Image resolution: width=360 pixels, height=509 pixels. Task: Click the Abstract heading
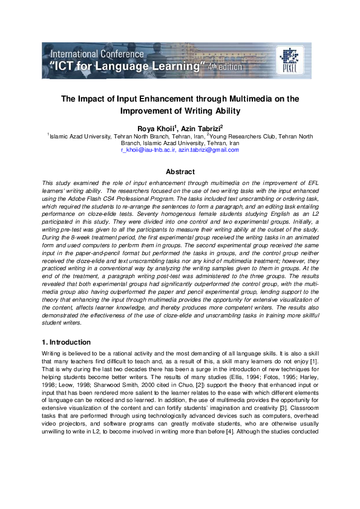(x=180, y=172)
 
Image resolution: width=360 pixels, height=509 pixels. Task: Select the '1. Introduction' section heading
(x=67, y=342)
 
